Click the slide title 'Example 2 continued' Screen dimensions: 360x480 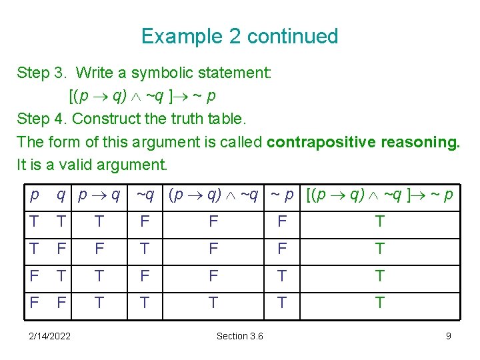240,36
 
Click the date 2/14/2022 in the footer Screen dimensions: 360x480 51,336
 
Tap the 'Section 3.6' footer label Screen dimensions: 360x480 239,336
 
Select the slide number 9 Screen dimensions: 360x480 449,336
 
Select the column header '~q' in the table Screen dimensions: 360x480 145,195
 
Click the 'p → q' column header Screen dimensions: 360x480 99,195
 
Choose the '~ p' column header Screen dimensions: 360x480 281,195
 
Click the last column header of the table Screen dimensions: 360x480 379,195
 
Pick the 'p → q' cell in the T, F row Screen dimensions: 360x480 99,249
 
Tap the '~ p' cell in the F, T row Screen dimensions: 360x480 282,276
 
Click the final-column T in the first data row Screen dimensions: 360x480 379,221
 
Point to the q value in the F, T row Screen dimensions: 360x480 61,276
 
